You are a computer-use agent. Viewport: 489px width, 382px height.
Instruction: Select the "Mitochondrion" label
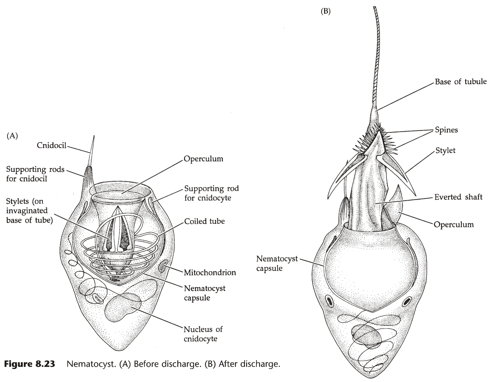[x=209, y=272]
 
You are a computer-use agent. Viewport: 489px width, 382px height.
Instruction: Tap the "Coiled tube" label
[x=204, y=221]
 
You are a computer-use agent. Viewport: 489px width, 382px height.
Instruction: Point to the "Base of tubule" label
[x=460, y=82]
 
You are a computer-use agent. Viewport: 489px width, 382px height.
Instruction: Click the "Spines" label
[x=446, y=130]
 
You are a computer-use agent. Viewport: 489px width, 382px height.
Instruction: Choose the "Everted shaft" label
[x=458, y=197]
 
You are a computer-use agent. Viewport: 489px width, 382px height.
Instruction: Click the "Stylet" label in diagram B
[x=445, y=151]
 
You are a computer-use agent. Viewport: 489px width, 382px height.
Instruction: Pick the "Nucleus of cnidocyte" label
[x=203, y=333]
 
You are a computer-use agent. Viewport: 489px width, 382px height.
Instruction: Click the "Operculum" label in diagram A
[x=203, y=159]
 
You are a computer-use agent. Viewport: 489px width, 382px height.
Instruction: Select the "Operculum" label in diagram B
[x=453, y=224]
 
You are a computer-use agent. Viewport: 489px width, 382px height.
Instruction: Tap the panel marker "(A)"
[x=12, y=136]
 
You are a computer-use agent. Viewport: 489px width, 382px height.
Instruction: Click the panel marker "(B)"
[x=325, y=11]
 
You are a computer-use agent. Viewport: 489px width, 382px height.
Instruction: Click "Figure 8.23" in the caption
[x=29, y=365]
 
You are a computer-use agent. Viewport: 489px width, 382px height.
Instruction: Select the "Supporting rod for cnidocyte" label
[x=211, y=193]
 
